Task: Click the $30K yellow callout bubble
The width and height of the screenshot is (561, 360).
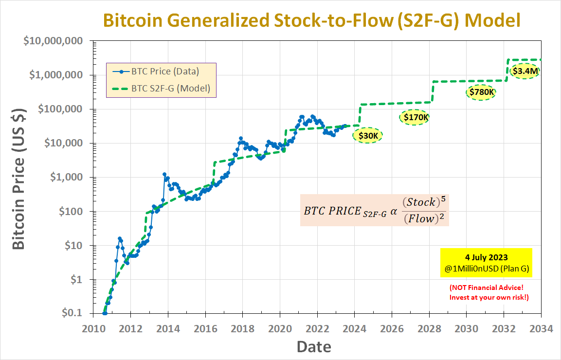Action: click(368, 136)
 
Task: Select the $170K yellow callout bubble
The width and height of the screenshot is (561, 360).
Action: click(415, 117)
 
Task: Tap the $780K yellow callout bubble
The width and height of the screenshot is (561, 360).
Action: click(481, 92)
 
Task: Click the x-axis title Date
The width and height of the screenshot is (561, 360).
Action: click(314, 347)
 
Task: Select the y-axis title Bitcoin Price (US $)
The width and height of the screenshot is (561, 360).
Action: click(18, 179)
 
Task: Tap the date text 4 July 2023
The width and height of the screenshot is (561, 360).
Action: click(486, 257)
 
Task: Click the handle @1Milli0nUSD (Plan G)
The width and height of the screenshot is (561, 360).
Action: click(486, 268)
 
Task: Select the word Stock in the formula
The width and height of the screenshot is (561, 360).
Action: click(421, 202)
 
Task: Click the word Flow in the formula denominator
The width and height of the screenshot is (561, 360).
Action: click(421, 218)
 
